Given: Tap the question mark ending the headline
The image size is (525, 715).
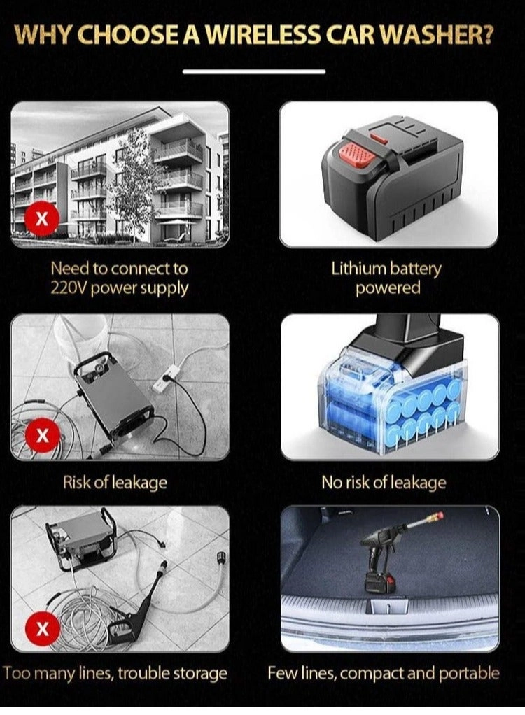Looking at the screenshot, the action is [486, 35].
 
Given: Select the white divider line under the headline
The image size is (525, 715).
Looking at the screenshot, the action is [254, 71].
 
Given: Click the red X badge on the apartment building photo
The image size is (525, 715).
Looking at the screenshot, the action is [42, 219].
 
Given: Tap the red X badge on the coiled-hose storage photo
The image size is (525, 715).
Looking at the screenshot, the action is [43, 629].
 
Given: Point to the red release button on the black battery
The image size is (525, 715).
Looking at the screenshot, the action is [357, 154].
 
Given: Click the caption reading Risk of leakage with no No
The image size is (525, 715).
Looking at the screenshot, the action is [115, 483].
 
